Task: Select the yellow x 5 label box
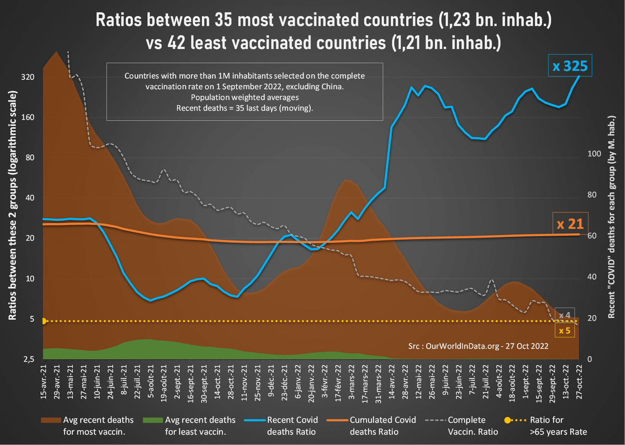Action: tap(565, 330)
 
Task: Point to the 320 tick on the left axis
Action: tap(27, 77)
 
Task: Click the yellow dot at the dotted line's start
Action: tap(44, 322)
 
